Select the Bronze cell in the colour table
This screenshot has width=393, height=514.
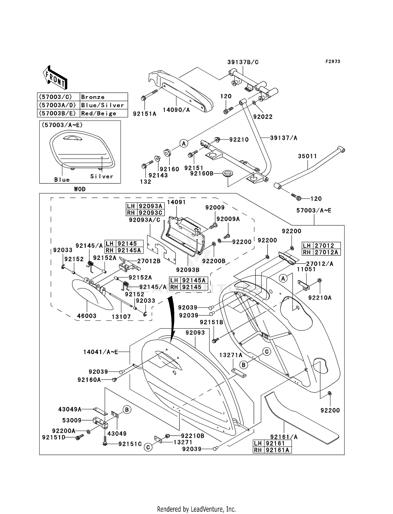(104, 97)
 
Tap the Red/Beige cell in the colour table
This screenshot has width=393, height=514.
(104, 113)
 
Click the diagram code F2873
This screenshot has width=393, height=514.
(333, 62)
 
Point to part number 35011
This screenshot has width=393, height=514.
(307, 156)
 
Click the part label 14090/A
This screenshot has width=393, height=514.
(176, 110)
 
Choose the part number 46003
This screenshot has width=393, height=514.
(86, 316)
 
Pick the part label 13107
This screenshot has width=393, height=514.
(121, 317)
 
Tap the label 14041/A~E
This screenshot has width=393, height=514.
(101, 352)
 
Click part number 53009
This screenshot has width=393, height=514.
(72, 420)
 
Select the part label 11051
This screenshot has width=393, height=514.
(306, 269)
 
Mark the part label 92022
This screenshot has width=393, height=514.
(263, 117)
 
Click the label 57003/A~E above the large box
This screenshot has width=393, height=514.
(314, 210)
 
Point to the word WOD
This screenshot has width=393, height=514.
(80, 189)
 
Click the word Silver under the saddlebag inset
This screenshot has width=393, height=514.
(102, 176)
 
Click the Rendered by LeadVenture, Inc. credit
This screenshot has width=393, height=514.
(196, 509)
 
